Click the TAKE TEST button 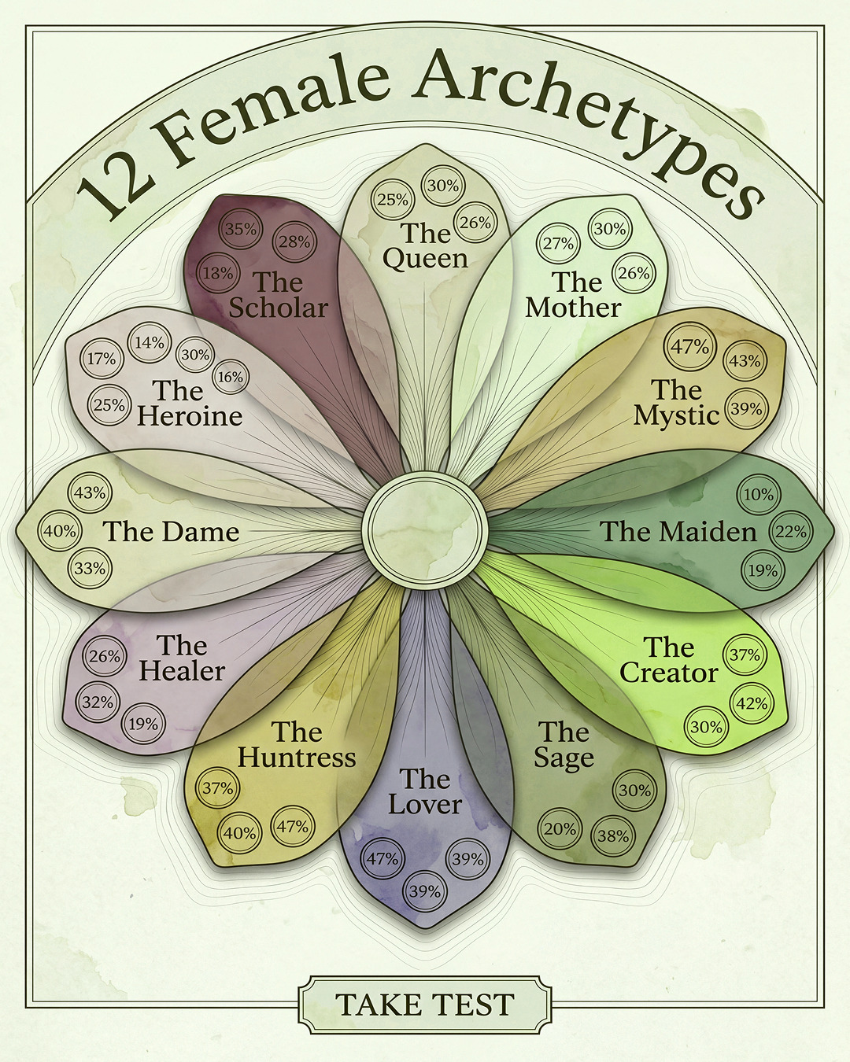point(425,1001)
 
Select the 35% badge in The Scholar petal point(241,230)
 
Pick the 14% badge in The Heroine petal point(150,342)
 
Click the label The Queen point(425,245)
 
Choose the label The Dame point(171,532)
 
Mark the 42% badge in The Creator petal point(752,704)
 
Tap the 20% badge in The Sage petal point(560,829)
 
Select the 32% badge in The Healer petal point(98,702)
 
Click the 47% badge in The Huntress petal point(293,826)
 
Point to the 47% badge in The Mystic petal point(689,347)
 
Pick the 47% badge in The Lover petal point(382,859)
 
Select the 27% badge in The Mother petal point(559,244)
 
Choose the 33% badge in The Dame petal point(90,569)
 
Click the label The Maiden point(678,532)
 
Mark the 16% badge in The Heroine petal point(231,378)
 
